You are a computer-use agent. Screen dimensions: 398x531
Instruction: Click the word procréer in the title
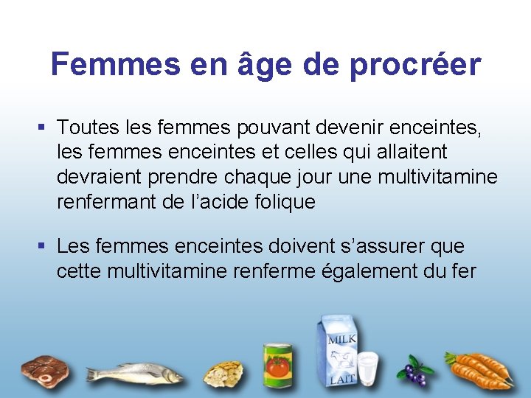(x=415, y=65)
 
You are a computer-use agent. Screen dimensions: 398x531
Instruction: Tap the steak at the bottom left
(x=45, y=369)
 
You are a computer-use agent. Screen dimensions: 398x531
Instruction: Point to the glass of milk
(x=368, y=369)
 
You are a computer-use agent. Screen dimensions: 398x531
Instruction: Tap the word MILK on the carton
(x=341, y=340)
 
